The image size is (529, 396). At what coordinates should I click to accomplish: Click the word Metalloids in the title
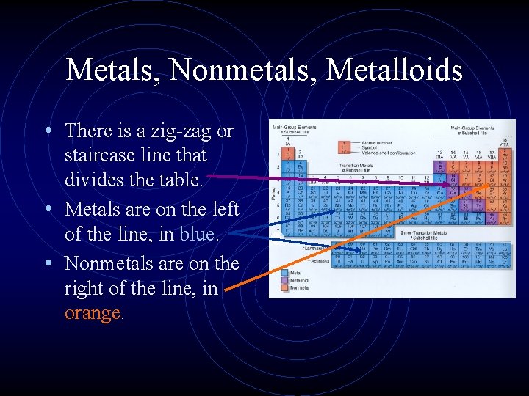[x=395, y=70]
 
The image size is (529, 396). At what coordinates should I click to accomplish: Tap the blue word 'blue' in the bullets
[x=198, y=234]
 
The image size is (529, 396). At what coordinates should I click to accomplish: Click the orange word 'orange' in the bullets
[x=92, y=313]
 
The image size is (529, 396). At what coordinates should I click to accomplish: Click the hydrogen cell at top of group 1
[x=287, y=154]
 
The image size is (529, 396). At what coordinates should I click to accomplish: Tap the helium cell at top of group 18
[x=506, y=154]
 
